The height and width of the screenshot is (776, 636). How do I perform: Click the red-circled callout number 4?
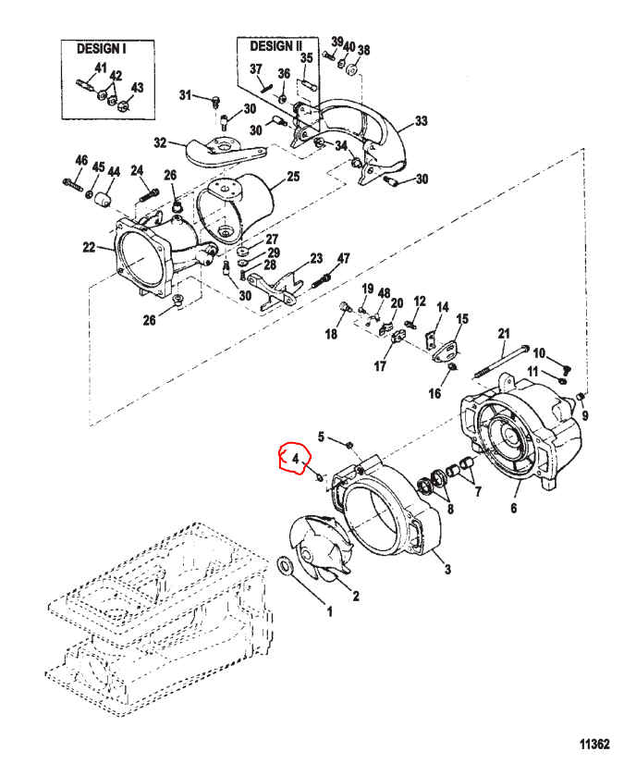click(296, 459)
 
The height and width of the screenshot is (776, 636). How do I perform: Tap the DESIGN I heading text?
click(102, 48)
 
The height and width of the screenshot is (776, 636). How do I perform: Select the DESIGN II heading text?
click(276, 46)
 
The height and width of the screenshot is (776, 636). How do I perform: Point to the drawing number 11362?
click(594, 745)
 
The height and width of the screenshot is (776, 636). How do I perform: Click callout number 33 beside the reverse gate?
click(421, 121)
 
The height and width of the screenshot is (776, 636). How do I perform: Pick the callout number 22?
click(89, 246)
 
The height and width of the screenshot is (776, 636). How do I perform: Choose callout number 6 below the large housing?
click(513, 508)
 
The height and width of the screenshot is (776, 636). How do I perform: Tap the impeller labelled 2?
click(319, 545)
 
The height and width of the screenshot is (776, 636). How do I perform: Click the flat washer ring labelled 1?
click(286, 566)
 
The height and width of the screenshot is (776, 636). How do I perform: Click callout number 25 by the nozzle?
click(293, 176)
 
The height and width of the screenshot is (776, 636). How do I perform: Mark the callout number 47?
click(343, 258)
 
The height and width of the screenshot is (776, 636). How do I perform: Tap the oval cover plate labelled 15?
click(447, 352)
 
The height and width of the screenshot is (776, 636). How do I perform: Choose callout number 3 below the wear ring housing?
click(447, 569)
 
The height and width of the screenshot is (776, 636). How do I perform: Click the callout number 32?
click(160, 143)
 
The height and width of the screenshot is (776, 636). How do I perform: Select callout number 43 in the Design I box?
click(137, 88)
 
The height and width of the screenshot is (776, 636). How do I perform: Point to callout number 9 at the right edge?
click(585, 415)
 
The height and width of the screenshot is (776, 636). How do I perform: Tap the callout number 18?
click(331, 334)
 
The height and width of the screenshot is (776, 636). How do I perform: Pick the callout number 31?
click(185, 94)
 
